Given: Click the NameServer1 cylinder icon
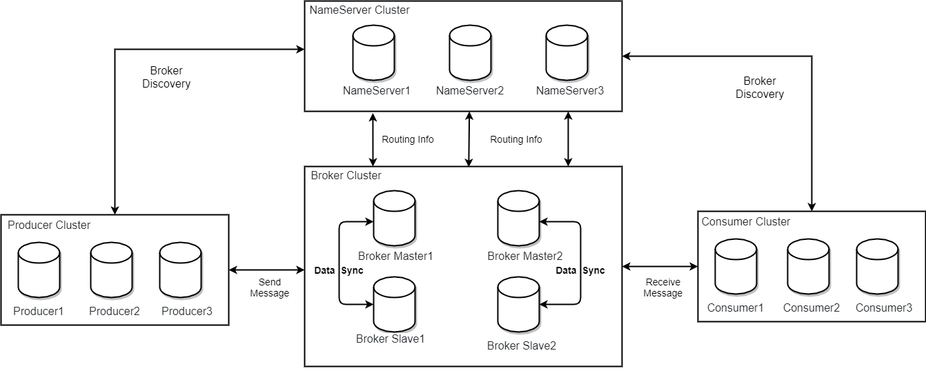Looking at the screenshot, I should [x=373, y=53].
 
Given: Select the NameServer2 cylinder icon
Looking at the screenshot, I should [x=470, y=53].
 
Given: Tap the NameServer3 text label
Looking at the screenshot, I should [x=570, y=90].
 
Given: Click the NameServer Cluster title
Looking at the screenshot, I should [x=359, y=10].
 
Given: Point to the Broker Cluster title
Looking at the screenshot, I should [x=346, y=175].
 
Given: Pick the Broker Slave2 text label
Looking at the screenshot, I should [x=522, y=345].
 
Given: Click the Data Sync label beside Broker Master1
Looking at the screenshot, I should [x=339, y=270].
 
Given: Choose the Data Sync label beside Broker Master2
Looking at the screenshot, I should [x=580, y=270].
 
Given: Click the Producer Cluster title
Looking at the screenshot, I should [x=49, y=225].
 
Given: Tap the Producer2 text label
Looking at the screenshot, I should [x=115, y=311].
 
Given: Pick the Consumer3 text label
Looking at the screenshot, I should [x=884, y=308].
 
